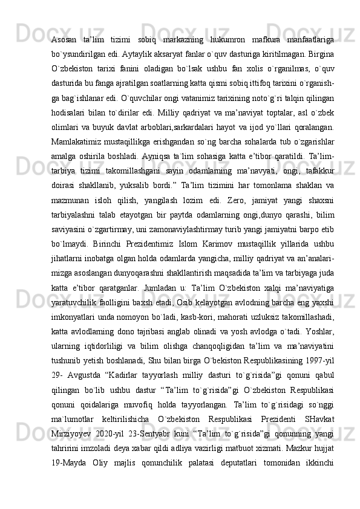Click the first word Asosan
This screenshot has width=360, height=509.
point(65,39)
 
